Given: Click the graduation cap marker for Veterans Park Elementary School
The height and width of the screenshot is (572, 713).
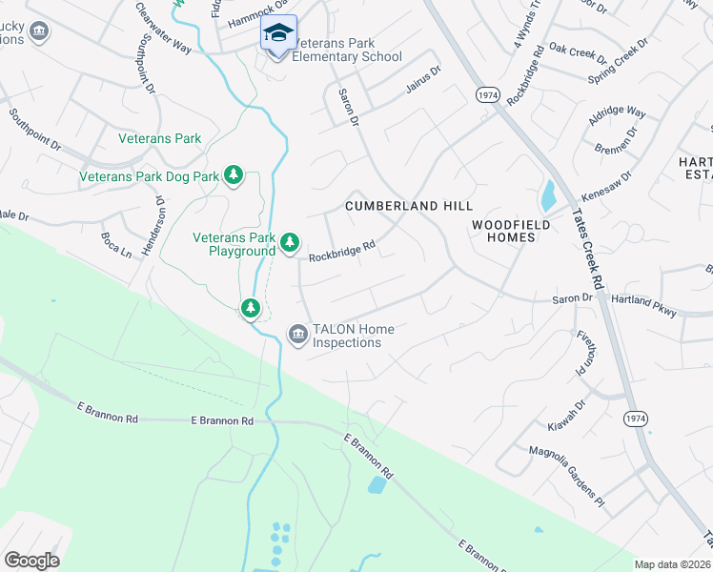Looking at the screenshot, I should [278, 34].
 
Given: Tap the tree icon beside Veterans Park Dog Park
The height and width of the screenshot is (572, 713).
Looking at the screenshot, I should [233, 174].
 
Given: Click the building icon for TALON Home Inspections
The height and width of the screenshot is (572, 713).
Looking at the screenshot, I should [297, 334].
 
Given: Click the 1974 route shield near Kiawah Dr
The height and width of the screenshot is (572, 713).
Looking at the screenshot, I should [636, 419].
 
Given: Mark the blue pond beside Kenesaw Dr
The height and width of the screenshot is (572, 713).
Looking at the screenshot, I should [548, 195].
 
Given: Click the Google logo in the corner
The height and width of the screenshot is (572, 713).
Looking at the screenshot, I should [32, 560].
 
